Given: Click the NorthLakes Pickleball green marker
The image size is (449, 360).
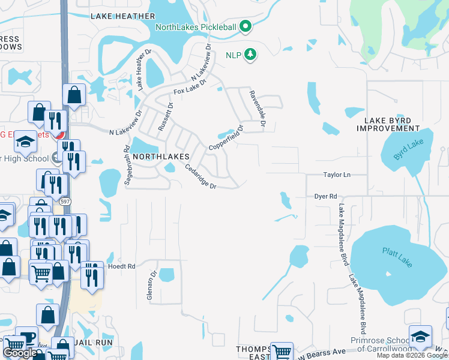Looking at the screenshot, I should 245,26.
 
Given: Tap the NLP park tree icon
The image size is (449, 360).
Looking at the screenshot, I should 250,55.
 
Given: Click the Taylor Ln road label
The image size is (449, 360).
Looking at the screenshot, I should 337,175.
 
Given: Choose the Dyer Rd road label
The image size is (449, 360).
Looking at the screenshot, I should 326,196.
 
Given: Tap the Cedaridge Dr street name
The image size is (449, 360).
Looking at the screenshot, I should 200,177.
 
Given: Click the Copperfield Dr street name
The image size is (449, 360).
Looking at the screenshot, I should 225,139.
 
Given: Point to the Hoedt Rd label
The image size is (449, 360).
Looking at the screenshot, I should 122,266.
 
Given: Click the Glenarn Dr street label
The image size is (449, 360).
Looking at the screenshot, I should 152,284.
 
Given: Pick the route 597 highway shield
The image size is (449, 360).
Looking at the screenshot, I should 65,202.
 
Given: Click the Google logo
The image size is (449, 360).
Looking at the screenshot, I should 20,353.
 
